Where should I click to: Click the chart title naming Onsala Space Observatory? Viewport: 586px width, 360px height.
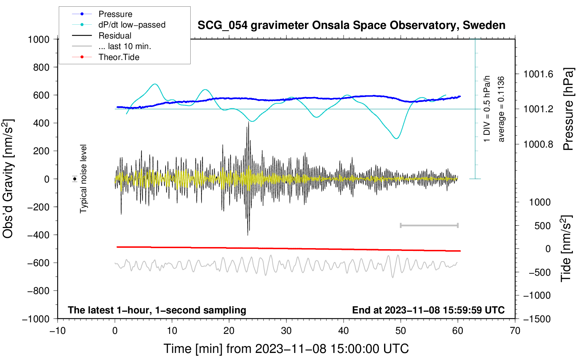(x=351, y=25)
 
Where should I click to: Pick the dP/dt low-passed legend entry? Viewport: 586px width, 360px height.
(x=132, y=25)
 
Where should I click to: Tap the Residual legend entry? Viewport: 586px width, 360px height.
(x=115, y=36)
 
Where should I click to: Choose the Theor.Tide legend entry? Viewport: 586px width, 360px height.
(x=119, y=57)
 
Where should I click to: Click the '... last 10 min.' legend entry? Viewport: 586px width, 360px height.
(x=125, y=46)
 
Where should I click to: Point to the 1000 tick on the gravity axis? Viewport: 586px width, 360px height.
(x=39, y=39)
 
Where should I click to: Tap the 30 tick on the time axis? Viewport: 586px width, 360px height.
(x=286, y=331)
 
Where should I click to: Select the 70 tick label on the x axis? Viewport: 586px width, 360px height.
(x=515, y=331)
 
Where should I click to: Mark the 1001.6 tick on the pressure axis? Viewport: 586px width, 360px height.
(x=538, y=74)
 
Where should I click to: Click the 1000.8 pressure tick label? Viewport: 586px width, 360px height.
(x=538, y=144)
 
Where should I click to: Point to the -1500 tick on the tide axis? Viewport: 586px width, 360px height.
(x=537, y=319)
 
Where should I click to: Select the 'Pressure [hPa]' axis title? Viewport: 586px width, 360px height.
(x=568, y=109)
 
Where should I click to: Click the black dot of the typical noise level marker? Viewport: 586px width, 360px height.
(x=75, y=179)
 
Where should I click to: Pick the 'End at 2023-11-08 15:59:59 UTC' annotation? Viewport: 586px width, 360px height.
(x=428, y=310)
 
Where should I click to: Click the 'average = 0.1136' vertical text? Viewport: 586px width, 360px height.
(x=501, y=109)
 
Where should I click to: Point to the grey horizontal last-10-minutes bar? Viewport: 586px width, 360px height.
(x=429, y=225)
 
